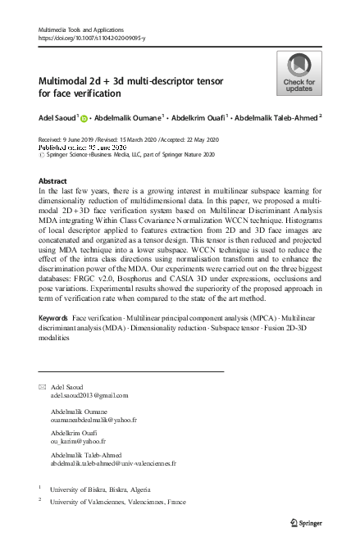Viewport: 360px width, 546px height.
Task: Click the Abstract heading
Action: pos(53,180)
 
